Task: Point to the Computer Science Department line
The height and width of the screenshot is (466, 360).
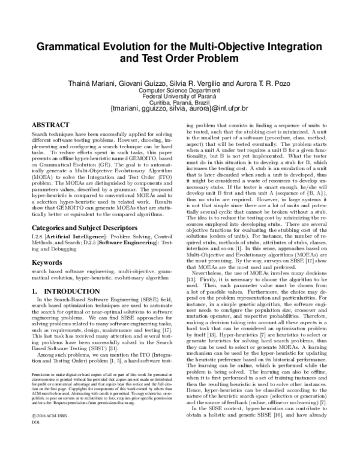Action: tap(179, 90)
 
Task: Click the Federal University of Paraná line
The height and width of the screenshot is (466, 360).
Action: tap(179, 97)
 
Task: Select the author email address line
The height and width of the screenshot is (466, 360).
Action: tap(179, 110)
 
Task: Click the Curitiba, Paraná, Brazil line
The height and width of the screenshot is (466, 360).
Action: tap(179, 103)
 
